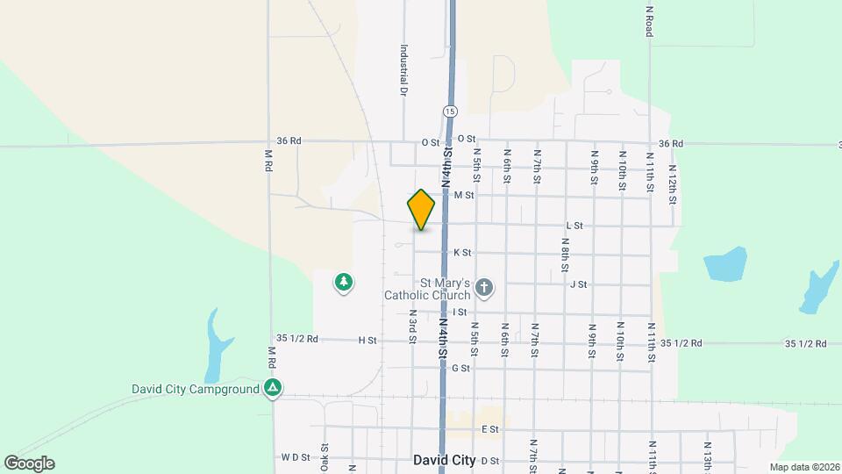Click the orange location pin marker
tap(422, 209)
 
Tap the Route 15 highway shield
tap(449, 111)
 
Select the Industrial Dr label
tap(404, 70)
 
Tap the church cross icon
tap(483, 287)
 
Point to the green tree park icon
tap(344, 283)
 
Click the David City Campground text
tap(196, 388)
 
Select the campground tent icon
tap(275, 387)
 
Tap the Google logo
tap(29, 463)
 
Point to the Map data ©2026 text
tap(803, 467)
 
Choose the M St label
tap(464, 195)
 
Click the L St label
tap(574, 226)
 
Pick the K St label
tap(462, 253)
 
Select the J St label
tap(578, 284)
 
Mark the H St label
tap(367, 340)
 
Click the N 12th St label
tap(673, 183)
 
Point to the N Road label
tap(650, 19)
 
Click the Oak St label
tap(324, 456)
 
